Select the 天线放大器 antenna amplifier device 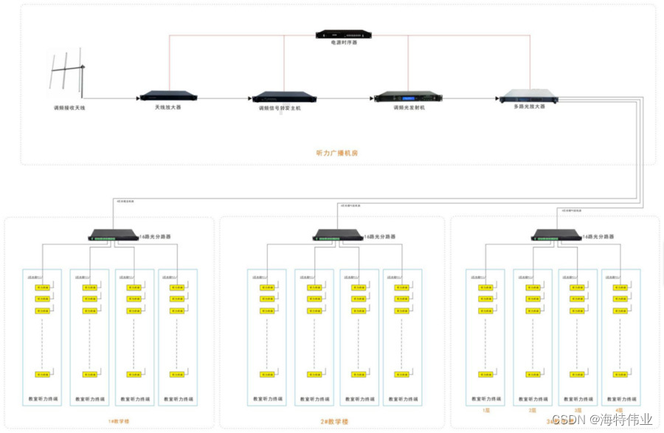(x=169, y=96)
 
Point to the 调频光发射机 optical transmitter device (x=409, y=97)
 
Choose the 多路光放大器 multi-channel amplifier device (x=528, y=96)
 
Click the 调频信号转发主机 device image (x=284, y=97)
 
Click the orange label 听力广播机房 (x=336, y=153)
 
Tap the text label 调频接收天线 (x=69, y=108)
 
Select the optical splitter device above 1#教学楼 (x=112, y=236)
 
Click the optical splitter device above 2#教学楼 (x=337, y=236)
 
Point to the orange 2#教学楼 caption (x=334, y=421)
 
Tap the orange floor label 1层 (x=486, y=409)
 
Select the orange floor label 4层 (x=620, y=409)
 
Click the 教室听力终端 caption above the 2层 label (x=533, y=400)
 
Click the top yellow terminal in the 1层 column (x=486, y=287)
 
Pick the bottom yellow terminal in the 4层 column (x=621, y=374)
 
